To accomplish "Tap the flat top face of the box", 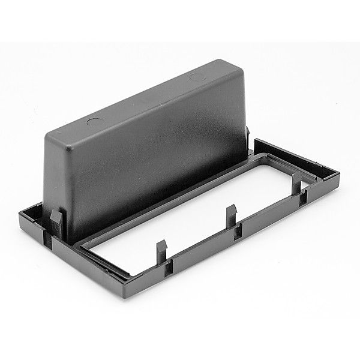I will tap(150, 90).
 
